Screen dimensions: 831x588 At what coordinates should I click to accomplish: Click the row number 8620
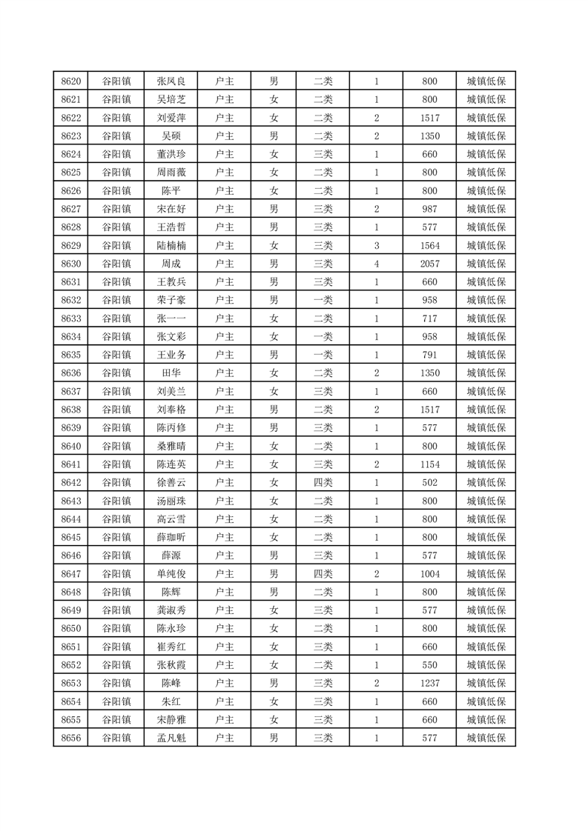pyautogui.click(x=71, y=81)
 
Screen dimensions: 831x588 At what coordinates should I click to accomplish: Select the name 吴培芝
pyautogui.click(x=171, y=100)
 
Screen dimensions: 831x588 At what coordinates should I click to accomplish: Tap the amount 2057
pyautogui.click(x=429, y=264)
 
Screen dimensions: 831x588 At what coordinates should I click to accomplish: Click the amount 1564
pyautogui.click(x=429, y=245)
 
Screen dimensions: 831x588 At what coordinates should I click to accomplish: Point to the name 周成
pyautogui.click(x=171, y=264)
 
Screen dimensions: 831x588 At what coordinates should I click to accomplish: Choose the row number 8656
pyautogui.click(x=71, y=738)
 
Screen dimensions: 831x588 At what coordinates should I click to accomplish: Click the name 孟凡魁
pyautogui.click(x=171, y=738)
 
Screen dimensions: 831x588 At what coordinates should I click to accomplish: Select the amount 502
pyautogui.click(x=429, y=482)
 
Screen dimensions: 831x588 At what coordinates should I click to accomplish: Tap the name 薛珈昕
pyautogui.click(x=171, y=537)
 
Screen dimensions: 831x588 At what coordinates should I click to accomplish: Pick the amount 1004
pyautogui.click(x=429, y=573)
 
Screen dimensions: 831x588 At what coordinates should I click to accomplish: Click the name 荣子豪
pyautogui.click(x=171, y=300)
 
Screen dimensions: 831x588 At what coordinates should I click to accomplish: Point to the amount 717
pyautogui.click(x=429, y=318)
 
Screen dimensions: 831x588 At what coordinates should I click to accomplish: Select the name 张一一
pyautogui.click(x=171, y=318)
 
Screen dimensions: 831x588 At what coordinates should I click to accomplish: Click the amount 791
pyautogui.click(x=429, y=355)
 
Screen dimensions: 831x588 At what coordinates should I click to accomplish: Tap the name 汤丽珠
pyautogui.click(x=171, y=501)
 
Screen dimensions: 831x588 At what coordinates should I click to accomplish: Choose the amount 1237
pyautogui.click(x=429, y=683)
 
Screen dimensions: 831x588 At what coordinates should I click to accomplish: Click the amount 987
pyautogui.click(x=429, y=209)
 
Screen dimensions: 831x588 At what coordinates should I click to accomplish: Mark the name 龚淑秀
pyautogui.click(x=171, y=610)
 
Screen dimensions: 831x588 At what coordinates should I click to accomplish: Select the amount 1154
pyautogui.click(x=429, y=464)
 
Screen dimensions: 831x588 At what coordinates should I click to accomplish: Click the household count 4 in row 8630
pyautogui.click(x=377, y=264)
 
